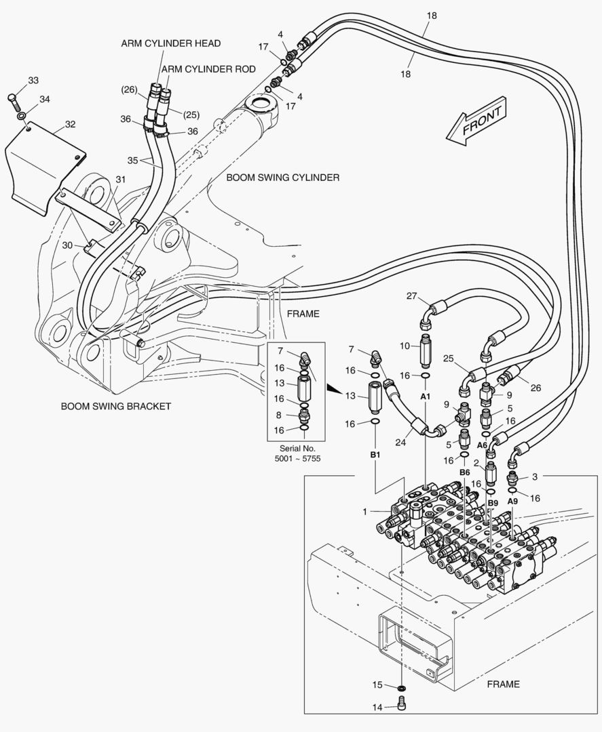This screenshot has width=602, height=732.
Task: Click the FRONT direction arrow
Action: (x=474, y=123)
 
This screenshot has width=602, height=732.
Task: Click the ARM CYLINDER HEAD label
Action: (x=170, y=43)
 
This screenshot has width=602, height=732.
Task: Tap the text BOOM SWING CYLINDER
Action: (x=282, y=178)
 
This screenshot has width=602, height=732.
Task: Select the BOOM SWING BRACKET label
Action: (x=116, y=407)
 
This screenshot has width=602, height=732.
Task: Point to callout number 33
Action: (x=33, y=81)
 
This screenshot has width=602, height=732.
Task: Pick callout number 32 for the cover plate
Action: (x=70, y=124)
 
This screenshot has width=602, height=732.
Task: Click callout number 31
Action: (x=120, y=179)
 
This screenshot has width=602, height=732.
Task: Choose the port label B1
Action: (x=375, y=455)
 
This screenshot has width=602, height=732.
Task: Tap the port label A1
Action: (x=426, y=395)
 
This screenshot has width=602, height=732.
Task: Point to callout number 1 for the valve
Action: (x=365, y=511)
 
